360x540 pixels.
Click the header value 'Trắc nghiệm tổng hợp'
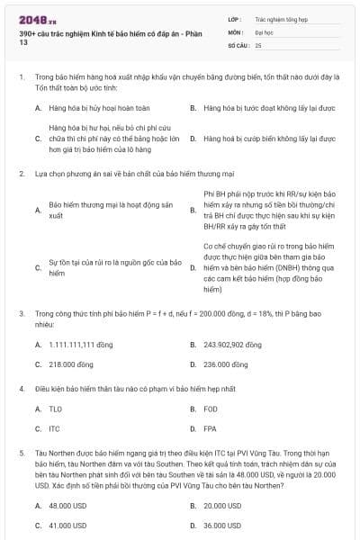pyautogui.click(x=280, y=18)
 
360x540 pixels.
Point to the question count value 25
pyautogui.click(x=258, y=44)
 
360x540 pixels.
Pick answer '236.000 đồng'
pyautogui.click(x=225, y=364)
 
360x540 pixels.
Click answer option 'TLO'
pyautogui.click(x=55, y=409)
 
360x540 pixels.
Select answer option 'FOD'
pyautogui.click(x=211, y=409)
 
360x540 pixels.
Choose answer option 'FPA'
pyautogui.click(x=210, y=428)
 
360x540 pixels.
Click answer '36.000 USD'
pyautogui.click(x=221, y=525)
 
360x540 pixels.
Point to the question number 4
pyautogui.click(x=21, y=389)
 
